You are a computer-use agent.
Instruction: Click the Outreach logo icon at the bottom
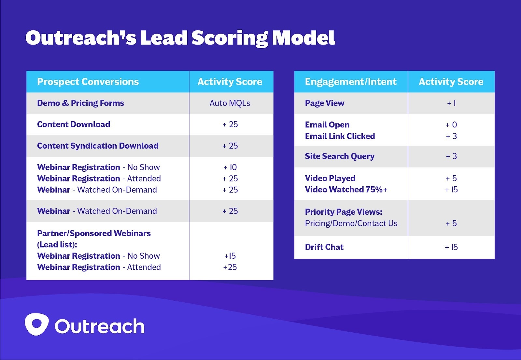click(36, 324)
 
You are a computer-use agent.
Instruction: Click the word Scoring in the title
click(230, 38)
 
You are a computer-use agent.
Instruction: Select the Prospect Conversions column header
click(88, 82)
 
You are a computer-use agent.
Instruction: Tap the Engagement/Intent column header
click(351, 82)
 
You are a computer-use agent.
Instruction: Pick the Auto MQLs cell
click(230, 103)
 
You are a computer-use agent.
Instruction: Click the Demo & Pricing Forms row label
click(80, 103)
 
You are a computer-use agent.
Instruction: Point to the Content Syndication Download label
click(98, 146)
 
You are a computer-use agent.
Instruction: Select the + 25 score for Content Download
click(230, 124)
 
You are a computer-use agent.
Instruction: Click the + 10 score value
click(230, 167)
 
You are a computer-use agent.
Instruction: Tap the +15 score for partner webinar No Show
click(230, 256)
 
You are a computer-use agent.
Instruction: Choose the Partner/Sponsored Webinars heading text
click(94, 234)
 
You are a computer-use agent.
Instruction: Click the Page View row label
click(324, 103)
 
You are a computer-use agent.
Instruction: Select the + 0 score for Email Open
click(451, 125)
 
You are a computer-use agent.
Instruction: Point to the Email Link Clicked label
click(340, 136)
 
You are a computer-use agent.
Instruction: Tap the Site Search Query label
click(340, 156)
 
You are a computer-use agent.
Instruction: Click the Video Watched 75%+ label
click(346, 190)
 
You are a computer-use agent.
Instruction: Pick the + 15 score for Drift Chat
click(451, 247)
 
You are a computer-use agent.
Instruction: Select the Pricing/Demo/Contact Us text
click(351, 223)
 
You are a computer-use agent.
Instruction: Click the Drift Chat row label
click(324, 247)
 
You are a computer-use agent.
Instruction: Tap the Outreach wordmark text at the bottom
click(99, 326)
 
